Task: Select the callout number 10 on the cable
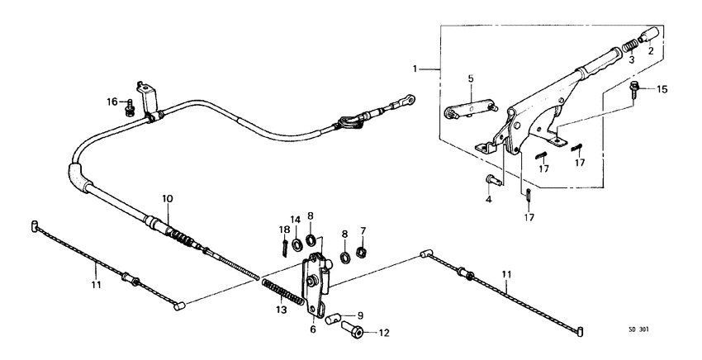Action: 167,199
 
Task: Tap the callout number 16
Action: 111,102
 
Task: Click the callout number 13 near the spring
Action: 282,310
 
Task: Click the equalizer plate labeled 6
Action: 315,284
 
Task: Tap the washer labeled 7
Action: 361,252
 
